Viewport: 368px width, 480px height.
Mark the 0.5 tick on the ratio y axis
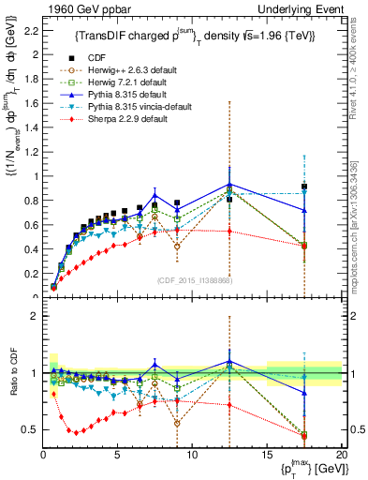click(x=28, y=429)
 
